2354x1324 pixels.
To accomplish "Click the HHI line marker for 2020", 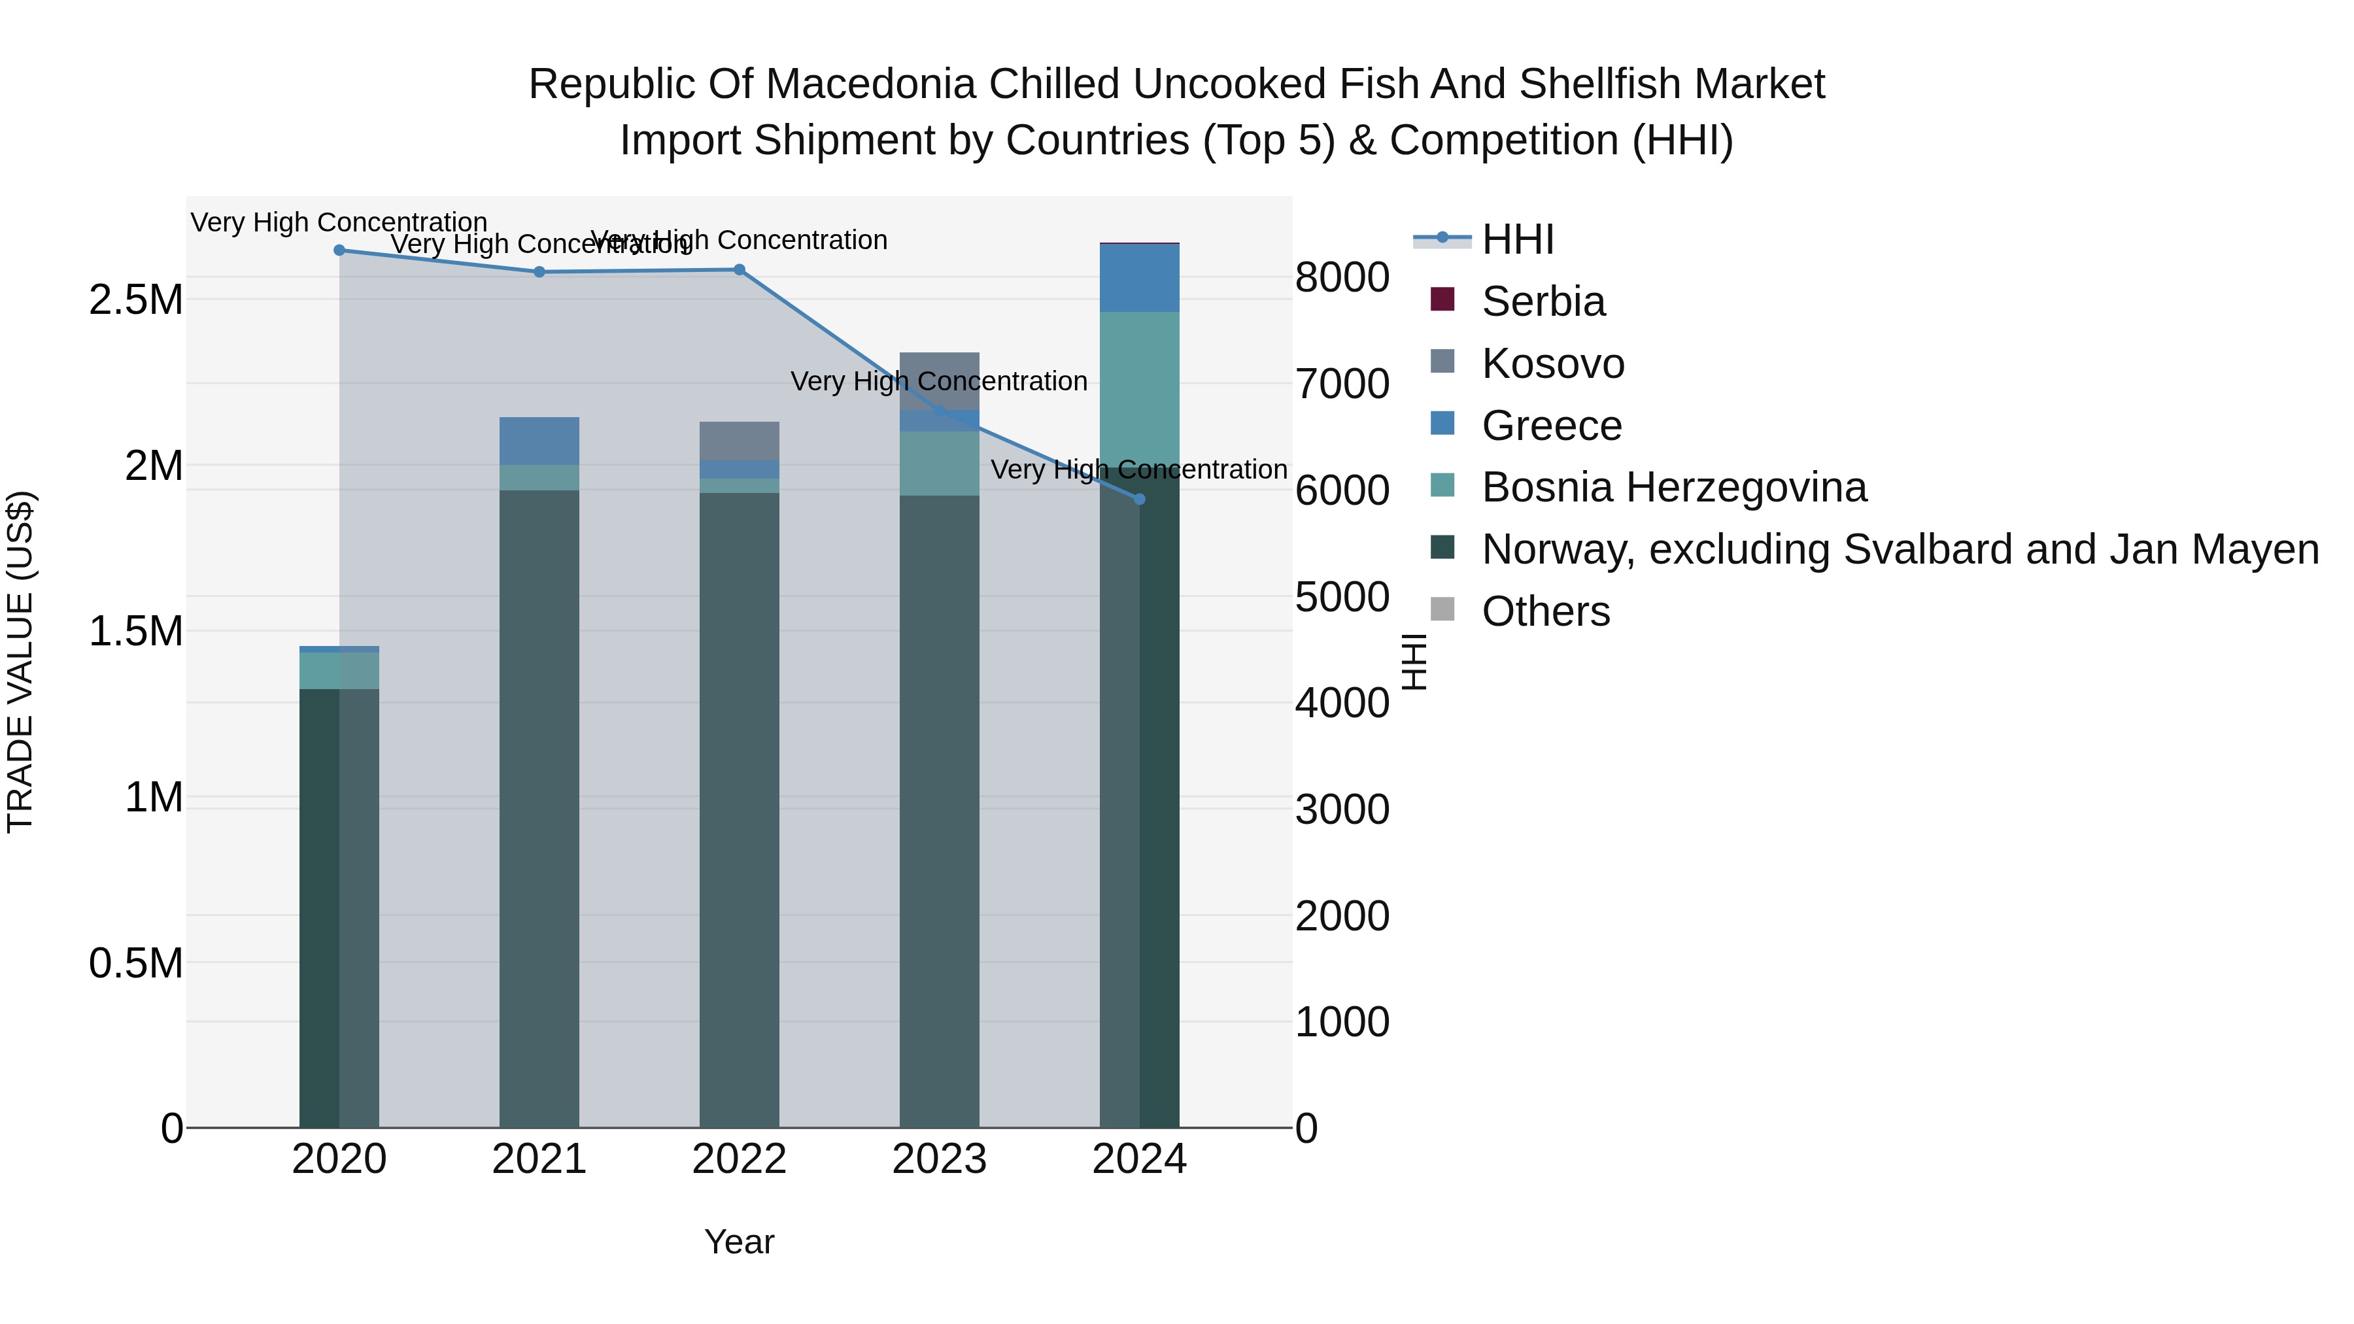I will point(339,250).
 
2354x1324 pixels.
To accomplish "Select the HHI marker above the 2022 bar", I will point(740,269).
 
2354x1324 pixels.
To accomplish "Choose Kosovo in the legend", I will point(1552,364).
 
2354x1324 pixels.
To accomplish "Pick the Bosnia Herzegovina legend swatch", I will point(1442,485).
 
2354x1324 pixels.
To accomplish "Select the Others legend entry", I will point(1545,611).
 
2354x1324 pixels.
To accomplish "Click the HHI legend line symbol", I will point(1442,239).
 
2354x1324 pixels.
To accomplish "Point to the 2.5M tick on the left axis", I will point(136,299).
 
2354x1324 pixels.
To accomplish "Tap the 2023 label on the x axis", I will point(940,1159).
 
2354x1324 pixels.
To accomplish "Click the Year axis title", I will point(740,1242).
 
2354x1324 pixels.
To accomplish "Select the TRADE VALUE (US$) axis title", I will point(20,662).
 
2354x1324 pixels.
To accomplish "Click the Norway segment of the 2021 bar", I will point(539,804).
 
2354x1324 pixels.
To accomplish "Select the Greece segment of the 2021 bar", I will point(539,441).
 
